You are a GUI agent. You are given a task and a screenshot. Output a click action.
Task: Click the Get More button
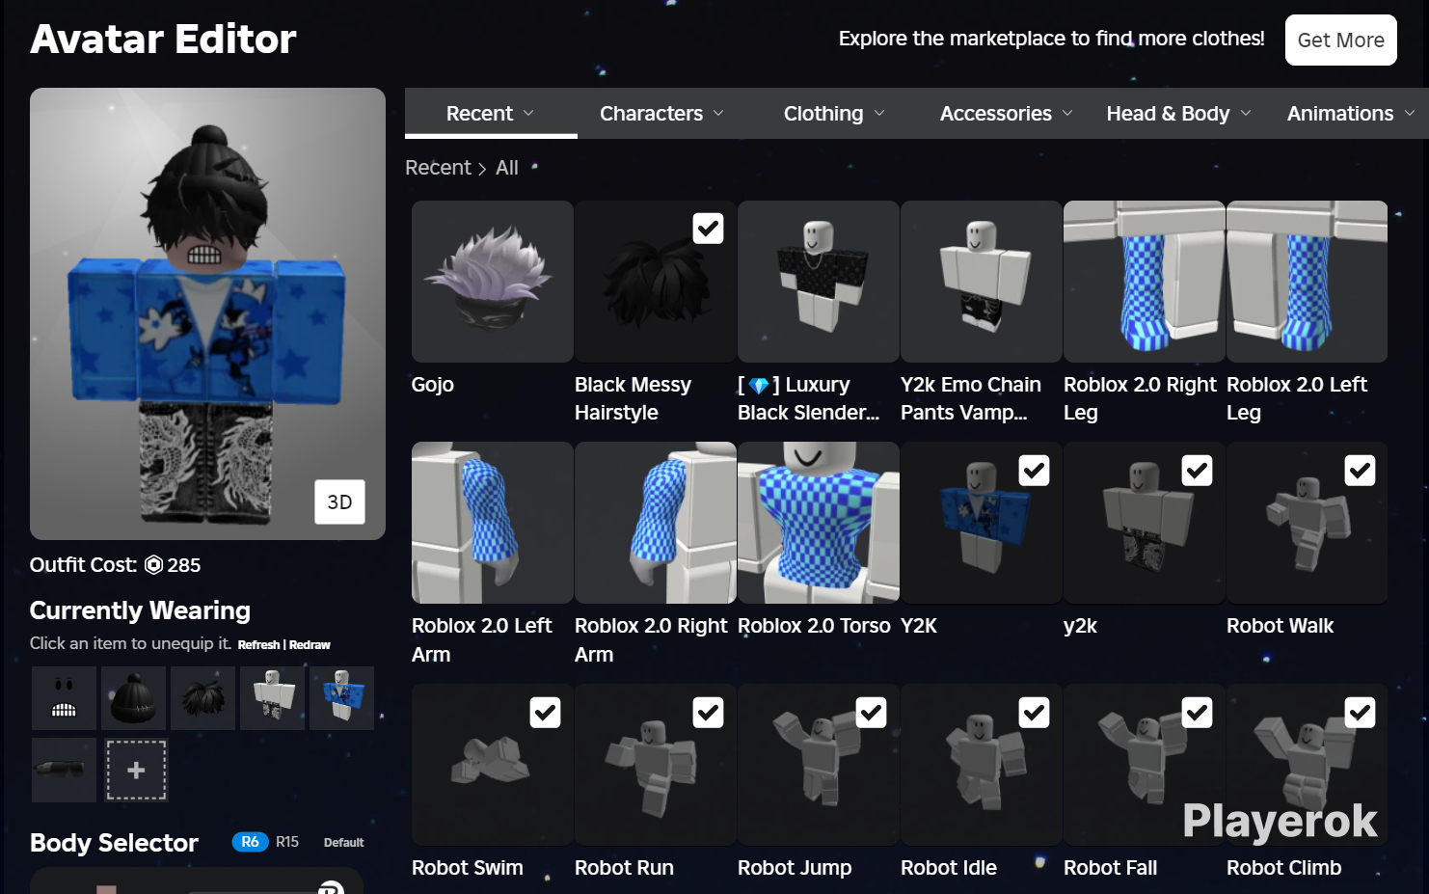(1340, 40)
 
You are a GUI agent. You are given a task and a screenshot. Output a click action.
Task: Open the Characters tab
(661, 114)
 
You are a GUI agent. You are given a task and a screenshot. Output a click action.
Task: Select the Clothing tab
(834, 114)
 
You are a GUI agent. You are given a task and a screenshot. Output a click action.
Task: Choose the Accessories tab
(1006, 114)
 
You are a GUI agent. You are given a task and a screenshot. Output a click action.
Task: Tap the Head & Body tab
(1178, 114)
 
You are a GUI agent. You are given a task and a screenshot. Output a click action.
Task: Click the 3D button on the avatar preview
(339, 502)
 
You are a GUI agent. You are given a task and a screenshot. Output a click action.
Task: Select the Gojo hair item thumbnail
(492, 282)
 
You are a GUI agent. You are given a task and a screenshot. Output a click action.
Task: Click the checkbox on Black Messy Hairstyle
(708, 229)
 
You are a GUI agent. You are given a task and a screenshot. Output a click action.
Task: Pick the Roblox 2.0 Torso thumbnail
(818, 523)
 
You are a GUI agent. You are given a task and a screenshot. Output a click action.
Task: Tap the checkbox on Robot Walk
(1360, 471)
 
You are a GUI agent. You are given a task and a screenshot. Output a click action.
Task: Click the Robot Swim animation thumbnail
(492, 765)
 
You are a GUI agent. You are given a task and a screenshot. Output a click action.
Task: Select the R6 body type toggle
(250, 842)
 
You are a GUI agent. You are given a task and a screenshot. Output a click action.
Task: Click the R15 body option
(287, 842)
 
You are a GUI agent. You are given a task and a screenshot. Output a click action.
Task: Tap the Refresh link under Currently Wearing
(258, 644)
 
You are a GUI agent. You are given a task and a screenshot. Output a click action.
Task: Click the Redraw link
(310, 644)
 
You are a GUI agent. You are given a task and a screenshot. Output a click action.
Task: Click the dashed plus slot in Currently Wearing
(136, 771)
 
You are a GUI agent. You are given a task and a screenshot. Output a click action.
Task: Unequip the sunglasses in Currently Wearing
(64, 771)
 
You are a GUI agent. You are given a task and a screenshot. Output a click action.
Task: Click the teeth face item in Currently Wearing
(64, 698)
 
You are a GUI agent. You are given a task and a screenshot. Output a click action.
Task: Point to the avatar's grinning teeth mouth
(204, 256)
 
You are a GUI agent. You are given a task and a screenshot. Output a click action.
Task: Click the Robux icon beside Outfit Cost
(153, 565)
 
